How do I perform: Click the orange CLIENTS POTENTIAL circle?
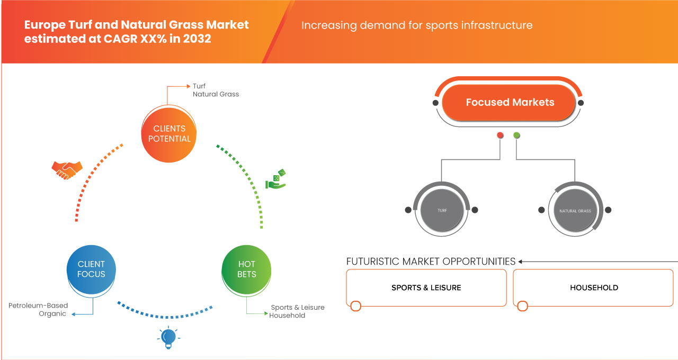[x=169, y=133]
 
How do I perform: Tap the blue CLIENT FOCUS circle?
[x=91, y=269]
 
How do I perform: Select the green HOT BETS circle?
[x=246, y=269]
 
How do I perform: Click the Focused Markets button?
[x=510, y=103]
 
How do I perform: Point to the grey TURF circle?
[x=442, y=210]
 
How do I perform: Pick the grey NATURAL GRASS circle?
[x=575, y=210]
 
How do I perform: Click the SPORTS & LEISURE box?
[x=426, y=287]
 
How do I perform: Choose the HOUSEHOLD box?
[x=593, y=287]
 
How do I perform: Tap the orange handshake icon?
[x=67, y=169]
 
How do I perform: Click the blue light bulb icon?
[x=168, y=337]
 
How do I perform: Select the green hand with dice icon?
[x=275, y=179]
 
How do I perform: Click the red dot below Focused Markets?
[x=500, y=136]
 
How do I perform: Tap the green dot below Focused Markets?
[x=516, y=136]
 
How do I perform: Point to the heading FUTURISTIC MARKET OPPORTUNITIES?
[x=431, y=262]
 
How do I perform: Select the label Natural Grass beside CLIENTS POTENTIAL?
[x=216, y=94]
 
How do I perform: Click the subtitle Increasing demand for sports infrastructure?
[x=417, y=25]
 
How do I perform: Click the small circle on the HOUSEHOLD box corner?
[x=523, y=306]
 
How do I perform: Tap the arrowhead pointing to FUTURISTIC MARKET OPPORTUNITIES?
[x=521, y=262]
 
